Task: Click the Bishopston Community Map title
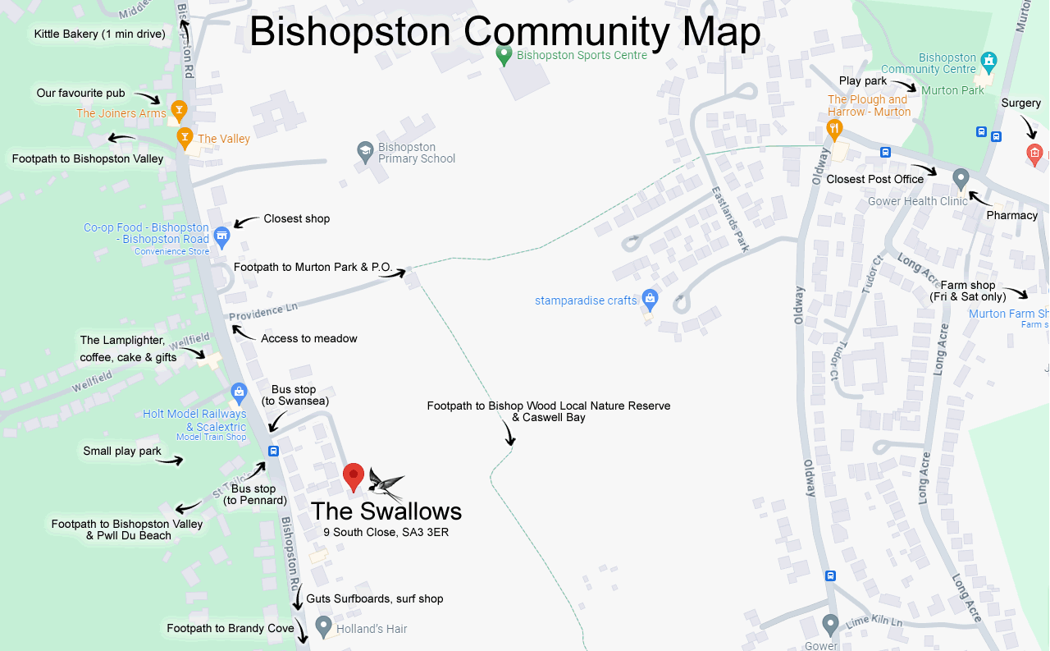[x=504, y=33]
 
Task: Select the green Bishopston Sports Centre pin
[x=504, y=55]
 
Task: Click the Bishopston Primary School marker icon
[x=365, y=151]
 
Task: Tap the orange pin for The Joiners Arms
[x=179, y=110]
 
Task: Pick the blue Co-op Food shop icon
[x=221, y=236]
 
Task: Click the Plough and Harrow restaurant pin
[x=834, y=128]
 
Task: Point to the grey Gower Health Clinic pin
[x=961, y=178]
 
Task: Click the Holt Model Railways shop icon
[x=239, y=392]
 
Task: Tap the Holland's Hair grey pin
[x=324, y=626]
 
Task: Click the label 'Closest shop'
[x=296, y=218]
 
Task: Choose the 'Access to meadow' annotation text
[x=309, y=338]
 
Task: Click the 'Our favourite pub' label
[x=80, y=93]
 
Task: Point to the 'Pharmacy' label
[x=1012, y=215]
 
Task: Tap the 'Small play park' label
[x=122, y=451]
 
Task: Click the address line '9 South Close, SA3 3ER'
[x=386, y=533]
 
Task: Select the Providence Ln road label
[x=262, y=312]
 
